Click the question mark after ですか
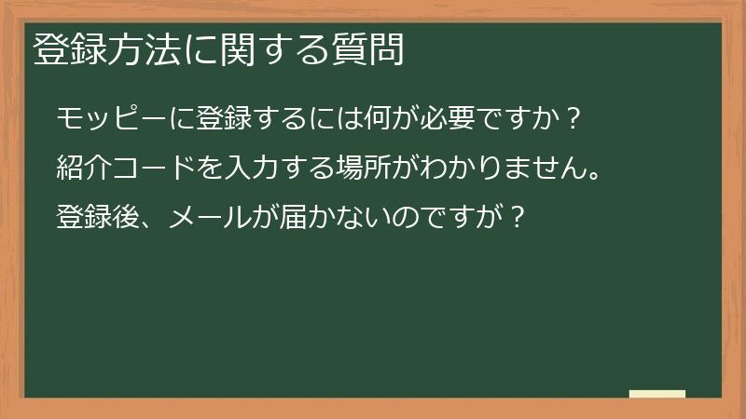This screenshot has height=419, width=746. point(575,120)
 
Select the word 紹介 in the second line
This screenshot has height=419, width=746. point(86,169)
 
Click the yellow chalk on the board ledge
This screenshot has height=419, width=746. point(657,394)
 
